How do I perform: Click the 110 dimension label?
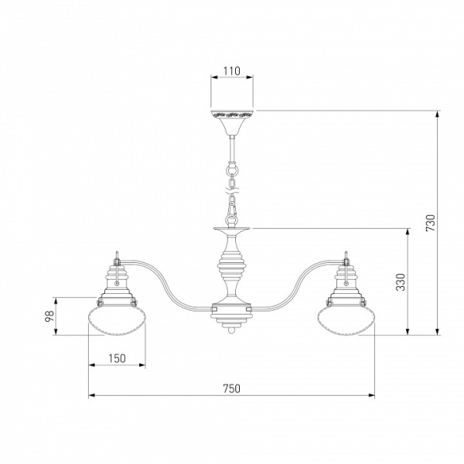click(232, 71)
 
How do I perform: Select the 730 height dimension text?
click(431, 223)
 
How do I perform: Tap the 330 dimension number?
click(401, 282)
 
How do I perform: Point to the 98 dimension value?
click(49, 316)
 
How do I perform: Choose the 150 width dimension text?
click(118, 359)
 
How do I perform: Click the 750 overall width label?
click(232, 388)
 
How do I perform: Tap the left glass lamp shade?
click(118, 321)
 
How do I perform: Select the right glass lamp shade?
click(346, 321)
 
